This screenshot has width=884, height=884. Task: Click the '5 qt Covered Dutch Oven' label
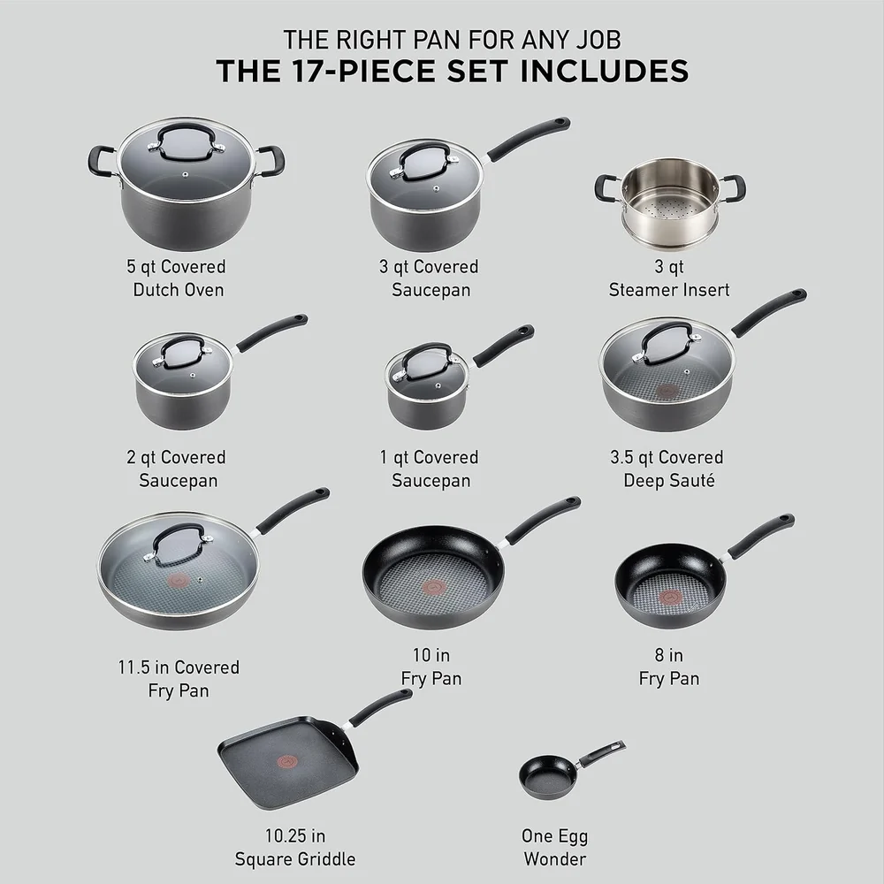tap(175, 278)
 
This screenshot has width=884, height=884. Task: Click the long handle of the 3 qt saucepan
tap(529, 138)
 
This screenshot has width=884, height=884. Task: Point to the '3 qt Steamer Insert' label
tap(669, 278)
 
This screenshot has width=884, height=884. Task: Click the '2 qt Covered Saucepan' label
tap(175, 469)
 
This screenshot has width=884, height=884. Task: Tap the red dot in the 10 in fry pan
tap(434, 587)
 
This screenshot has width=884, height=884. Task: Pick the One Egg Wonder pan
tap(548, 776)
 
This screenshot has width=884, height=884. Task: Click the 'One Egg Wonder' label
tap(554, 847)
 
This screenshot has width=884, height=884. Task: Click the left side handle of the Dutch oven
tap(100, 160)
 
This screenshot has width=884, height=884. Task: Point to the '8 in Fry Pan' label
tap(668, 667)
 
